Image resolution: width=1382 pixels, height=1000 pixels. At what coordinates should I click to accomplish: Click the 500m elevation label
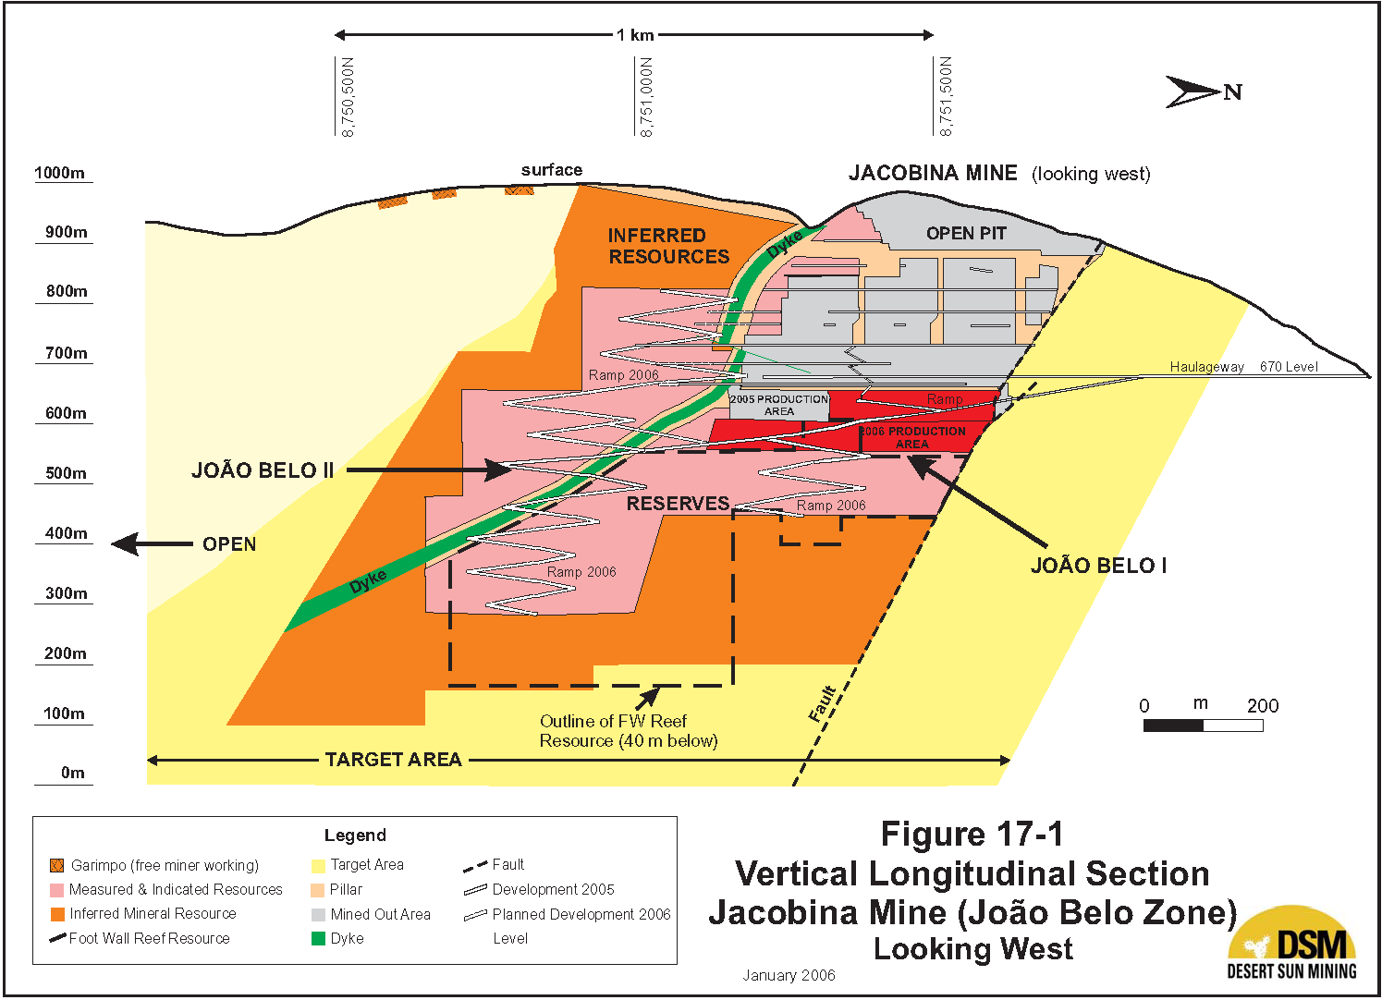pos(66,473)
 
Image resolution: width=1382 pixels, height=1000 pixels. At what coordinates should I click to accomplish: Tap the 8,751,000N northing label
pos(646,97)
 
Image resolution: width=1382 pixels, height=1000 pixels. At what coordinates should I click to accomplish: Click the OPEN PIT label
pos(966,234)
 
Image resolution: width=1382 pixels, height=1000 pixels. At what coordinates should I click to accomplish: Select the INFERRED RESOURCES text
pos(668,246)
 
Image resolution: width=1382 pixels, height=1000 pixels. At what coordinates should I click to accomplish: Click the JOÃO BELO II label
pos(263,470)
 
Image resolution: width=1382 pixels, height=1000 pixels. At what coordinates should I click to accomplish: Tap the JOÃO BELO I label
pos(1098,566)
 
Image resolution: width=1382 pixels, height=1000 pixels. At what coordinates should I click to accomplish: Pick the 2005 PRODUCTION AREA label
pos(779,405)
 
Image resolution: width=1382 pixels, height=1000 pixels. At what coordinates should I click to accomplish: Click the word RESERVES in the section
pos(678,504)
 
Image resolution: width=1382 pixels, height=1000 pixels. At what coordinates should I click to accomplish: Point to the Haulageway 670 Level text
pos(1243,367)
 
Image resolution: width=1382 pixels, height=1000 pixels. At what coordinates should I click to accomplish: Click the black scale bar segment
pos(1173,726)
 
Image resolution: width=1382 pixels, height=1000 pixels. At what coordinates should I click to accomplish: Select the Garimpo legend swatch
pos(57,866)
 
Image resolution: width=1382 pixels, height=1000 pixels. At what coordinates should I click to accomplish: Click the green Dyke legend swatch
pos(318,939)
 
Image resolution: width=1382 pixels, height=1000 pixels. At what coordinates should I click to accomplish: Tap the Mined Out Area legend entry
pos(380,914)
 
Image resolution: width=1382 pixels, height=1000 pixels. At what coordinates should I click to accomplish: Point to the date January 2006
pos(789,975)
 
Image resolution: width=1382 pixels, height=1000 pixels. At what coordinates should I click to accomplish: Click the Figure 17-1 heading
pos(972,835)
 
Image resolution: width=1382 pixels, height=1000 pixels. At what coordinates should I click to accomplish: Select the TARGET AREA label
pos(393,760)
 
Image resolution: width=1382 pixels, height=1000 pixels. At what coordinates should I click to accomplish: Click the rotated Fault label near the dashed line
pos(822,704)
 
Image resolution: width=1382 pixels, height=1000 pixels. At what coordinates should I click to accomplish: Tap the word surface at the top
pos(551,170)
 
